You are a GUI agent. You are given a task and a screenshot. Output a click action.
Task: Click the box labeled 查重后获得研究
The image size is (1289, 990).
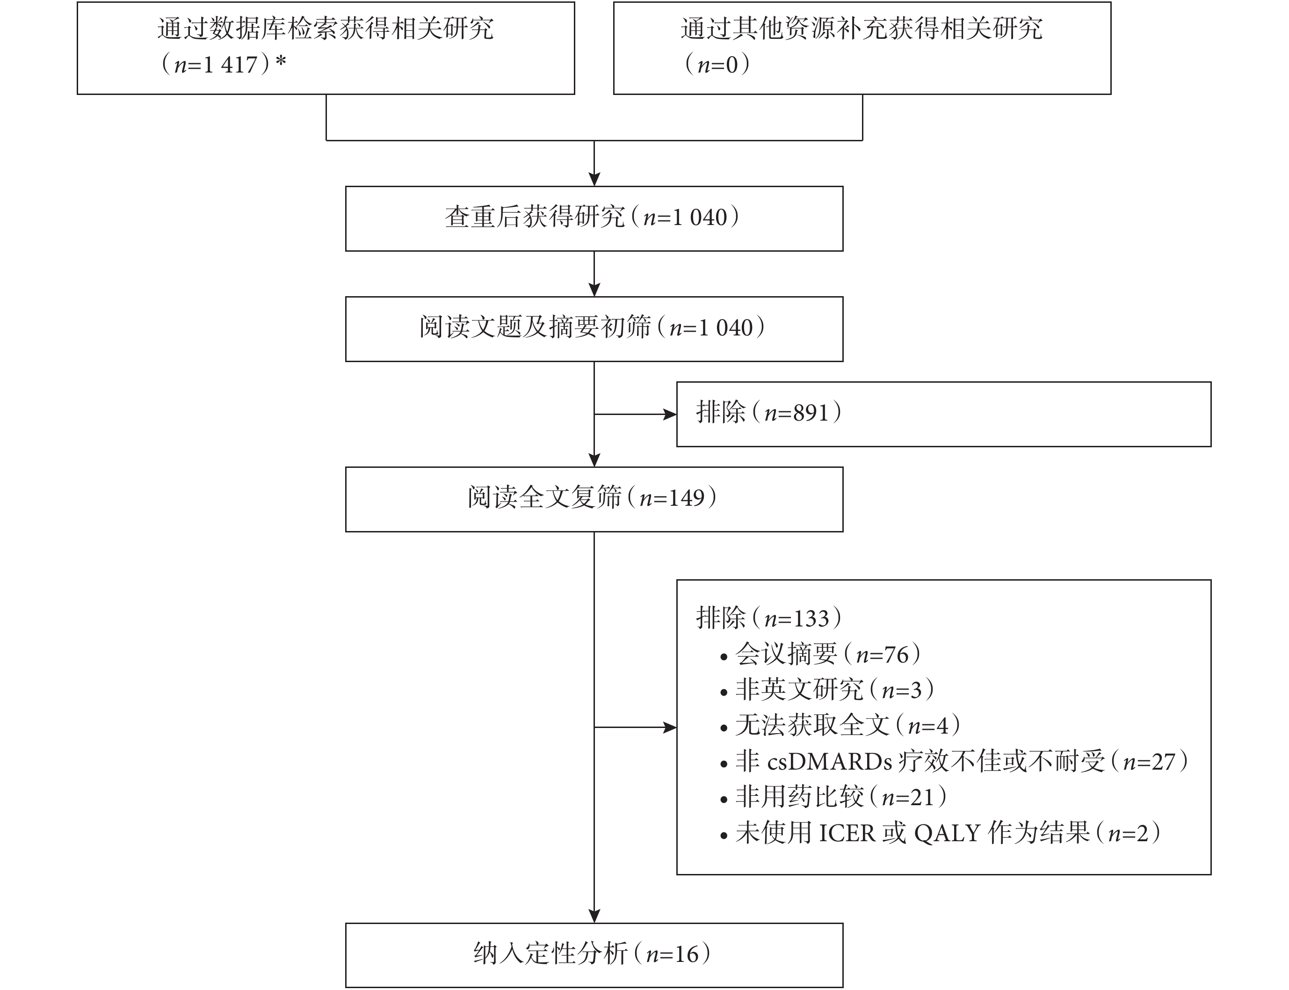tap(594, 218)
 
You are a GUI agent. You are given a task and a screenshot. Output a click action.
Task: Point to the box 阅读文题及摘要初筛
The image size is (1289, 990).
tap(594, 329)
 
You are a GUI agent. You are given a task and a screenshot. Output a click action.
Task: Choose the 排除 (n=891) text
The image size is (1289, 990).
tap(769, 413)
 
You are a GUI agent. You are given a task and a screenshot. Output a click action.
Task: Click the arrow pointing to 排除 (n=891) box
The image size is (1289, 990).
tap(635, 414)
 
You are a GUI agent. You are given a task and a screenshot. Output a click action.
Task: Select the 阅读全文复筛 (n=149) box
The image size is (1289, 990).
tap(594, 499)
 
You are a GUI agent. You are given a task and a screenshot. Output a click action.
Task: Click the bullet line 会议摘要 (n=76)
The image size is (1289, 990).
tap(821, 654)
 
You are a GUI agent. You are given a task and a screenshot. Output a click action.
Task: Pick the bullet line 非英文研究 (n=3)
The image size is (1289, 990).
tap(827, 690)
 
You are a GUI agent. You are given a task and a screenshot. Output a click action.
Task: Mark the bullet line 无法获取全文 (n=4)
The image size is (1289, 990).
tap(840, 725)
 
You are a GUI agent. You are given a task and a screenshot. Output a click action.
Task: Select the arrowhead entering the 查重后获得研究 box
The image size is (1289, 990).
tap(594, 179)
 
